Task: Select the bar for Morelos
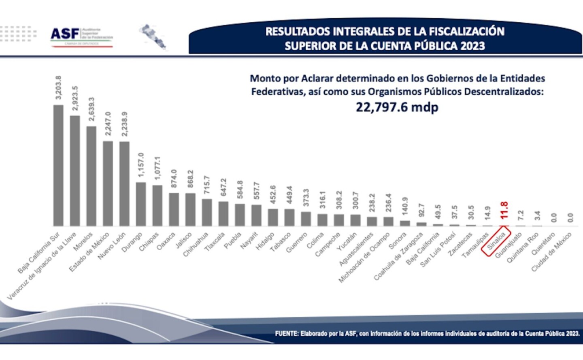coord(91,176)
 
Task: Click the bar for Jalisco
coord(190,209)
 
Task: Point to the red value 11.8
coord(504,210)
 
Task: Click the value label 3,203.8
coord(58,87)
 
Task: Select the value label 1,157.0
coord(141,164)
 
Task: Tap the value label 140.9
coord(405,206)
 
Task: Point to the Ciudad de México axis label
coord(551,252)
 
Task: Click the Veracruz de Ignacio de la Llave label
coord(42,266)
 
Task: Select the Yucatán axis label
coord(347,242)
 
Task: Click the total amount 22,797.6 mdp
coord(397,107)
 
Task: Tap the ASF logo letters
coord(65,34)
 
